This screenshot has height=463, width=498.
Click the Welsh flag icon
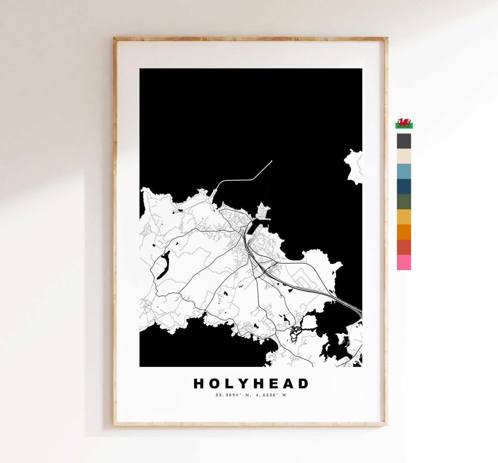(404, 123)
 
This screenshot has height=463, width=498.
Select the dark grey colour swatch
(404, 141)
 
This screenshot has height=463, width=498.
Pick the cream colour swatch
(404, 156)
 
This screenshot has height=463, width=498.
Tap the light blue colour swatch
(404, 171)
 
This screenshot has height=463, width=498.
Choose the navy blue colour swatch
(404, 186)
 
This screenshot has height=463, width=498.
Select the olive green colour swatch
(404, 202)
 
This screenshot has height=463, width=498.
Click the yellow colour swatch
(404, 217)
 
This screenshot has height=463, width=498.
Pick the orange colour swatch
(404, 232)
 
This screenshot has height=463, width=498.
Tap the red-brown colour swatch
(404, 247)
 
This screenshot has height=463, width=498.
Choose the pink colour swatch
(404, 262)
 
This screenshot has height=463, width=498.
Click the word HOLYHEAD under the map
(251, 383)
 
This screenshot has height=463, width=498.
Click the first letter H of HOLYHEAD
(198, 383)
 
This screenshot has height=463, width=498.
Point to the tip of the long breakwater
(272, 161)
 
